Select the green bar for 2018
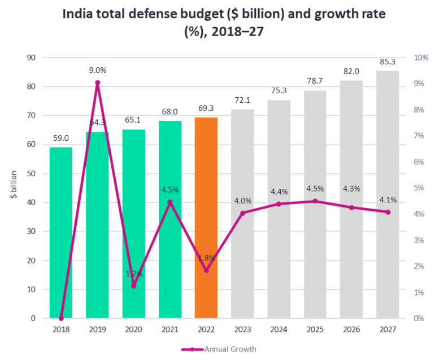(x=61, y=232)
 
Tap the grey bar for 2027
(x=388, y=194)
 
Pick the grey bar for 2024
(x=279, y=209)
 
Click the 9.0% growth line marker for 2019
(x=97, y=83)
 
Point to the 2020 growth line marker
(x=134, y=286)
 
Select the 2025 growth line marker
(x=315, y=201)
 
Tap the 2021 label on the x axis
(x=170, y=328)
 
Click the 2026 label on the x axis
(x=351, y=328)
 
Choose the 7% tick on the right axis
(x=419, y=136)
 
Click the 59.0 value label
(x=61, y=137)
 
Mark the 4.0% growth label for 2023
(x=242, y=201)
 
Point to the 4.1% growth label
(x=388, y=200)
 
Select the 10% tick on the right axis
(x=421, y=58)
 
